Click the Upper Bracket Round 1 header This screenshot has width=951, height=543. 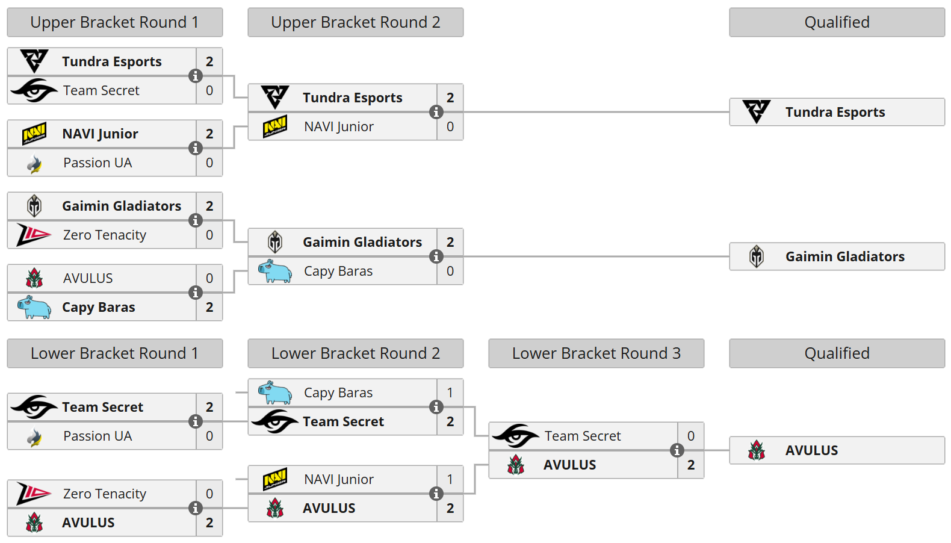[x=114, y=22]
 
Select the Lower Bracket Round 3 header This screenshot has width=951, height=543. [x=596, y=353]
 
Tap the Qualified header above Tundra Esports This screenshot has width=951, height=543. [x=837, y=22]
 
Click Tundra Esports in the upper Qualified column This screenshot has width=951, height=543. [x=835, y=112]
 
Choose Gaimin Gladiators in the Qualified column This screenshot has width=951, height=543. [x=844, y=256]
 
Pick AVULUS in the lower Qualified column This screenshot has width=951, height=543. [x=811, y=450]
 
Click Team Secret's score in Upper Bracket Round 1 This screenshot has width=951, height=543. [x=209, y=90]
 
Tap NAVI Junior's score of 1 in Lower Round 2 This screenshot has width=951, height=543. [x=450, y=479]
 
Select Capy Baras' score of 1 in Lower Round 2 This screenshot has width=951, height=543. [x=450, y=393]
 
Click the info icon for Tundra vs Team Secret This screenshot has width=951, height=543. [x=196, y=76]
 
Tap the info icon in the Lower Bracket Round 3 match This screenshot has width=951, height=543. [x=677, y=450]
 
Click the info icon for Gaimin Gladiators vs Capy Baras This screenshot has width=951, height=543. [x=436, y=256]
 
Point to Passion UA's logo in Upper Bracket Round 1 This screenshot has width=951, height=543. [x=35, y=163]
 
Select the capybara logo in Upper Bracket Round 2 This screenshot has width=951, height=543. [x=275, y=271]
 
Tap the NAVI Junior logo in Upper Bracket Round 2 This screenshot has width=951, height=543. [x=275, y=126]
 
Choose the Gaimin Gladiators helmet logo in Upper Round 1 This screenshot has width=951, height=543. [x=34, y=206]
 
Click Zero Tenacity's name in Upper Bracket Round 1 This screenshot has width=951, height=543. [x=105, y=235]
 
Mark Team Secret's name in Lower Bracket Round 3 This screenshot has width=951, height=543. [x=583, y=436]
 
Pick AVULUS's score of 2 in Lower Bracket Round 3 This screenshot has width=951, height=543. [x=691, y=465]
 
